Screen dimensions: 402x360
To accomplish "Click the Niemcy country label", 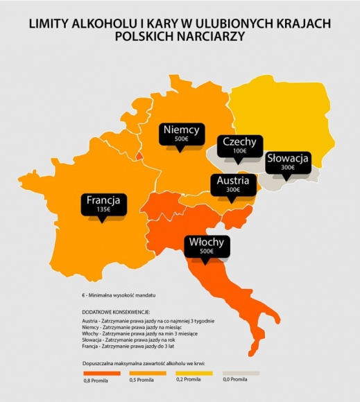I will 181,130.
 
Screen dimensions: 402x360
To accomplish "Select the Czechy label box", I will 239,147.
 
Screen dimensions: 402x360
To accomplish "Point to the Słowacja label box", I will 288,161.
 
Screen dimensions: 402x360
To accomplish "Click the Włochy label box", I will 207,246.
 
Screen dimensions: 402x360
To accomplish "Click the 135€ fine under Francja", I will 103,210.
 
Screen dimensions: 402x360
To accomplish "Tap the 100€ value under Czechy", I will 239,151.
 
